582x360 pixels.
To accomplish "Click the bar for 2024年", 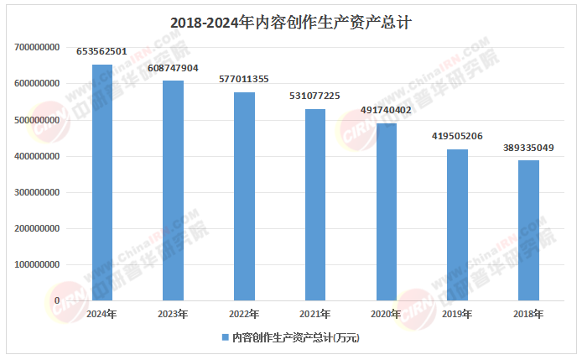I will click(102, 182).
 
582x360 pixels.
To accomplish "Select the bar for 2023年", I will click(173, 190).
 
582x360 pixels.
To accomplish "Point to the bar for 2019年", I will click(457, 225).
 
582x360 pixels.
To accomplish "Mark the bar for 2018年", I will click(527, 230).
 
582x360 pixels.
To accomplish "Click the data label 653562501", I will click(101, 52).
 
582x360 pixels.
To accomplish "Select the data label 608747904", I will click(173, 68).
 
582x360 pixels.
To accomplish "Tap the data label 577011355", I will click(244, 80).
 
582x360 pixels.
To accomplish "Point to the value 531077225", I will click(314, 96).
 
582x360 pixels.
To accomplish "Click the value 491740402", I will click(386, 110).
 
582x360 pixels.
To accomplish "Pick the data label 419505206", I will click(457, 136).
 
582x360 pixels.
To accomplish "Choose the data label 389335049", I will click(527, 147).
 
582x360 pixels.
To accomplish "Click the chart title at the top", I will click(290, 23).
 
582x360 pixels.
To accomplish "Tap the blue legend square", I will click(225, 337).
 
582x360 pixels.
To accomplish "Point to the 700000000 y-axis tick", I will click(37, 48).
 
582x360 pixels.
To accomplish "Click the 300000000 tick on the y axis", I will click(37, 192).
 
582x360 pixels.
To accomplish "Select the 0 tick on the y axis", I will click(57, 300).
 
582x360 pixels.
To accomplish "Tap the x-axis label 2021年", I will click(314, 314).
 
